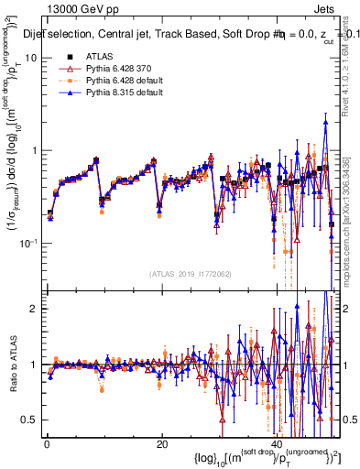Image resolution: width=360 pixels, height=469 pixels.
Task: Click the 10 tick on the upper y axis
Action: pos(31,58)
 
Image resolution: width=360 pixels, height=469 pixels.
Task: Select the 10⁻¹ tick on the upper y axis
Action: pos(29,243)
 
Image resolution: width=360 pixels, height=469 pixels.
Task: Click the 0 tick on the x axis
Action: pos(48,444)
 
